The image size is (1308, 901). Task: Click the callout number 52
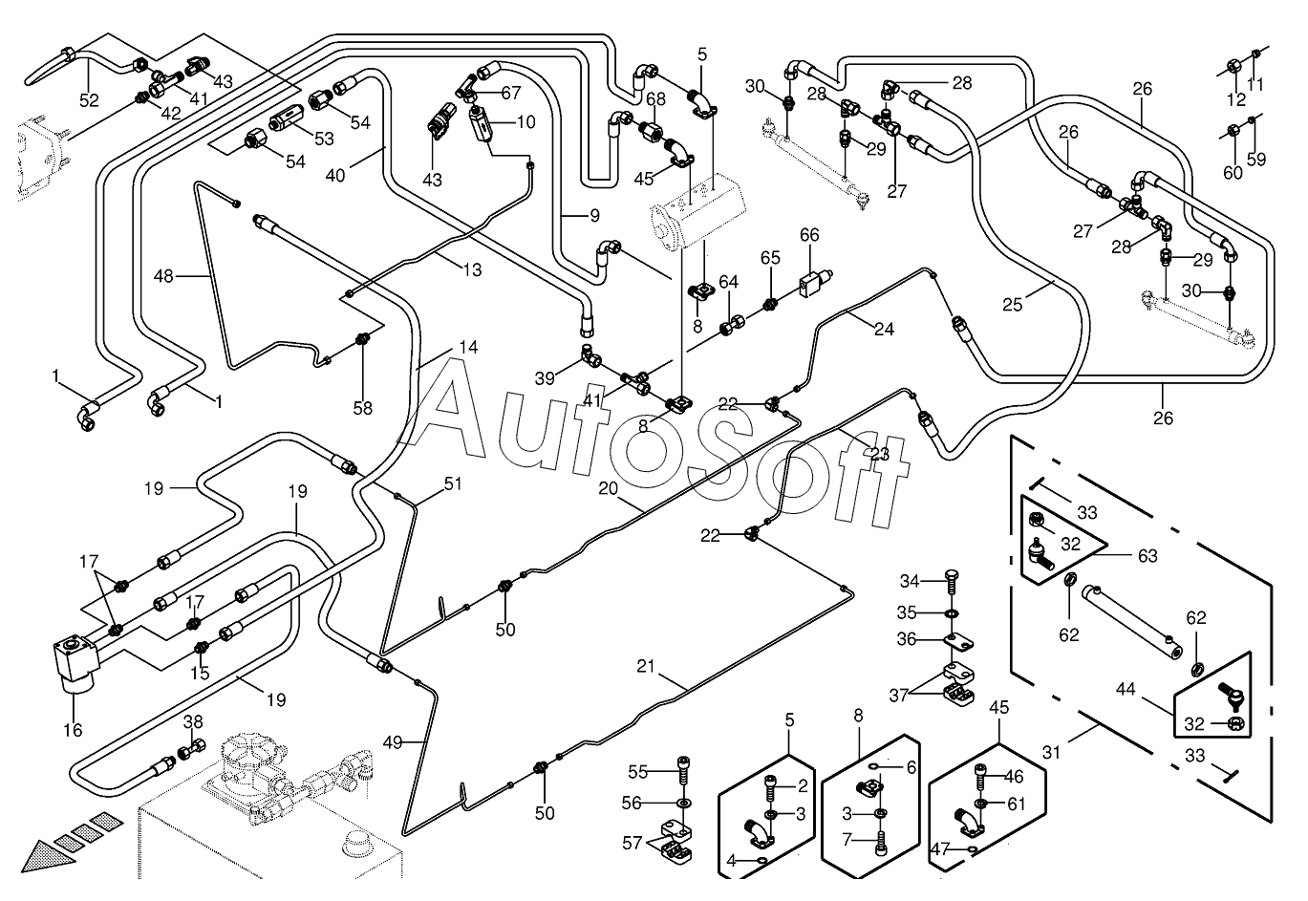pyautogui.click(x=89, y=100)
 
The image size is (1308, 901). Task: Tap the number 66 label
pyautogui.click(x=809, y=235)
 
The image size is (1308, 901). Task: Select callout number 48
pyautogui.click(x=163, y=275)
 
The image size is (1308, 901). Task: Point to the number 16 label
pyautogui.click(x=73, y=729)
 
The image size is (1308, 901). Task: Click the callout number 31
pyautogui.click(x=1051, y=753)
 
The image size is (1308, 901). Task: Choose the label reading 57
pyautogui.click(x=633, y=843)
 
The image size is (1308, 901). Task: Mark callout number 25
pyautogui.click(x=1013, y=304)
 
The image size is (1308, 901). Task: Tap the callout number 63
pyautogui.click(x=1147, y=555)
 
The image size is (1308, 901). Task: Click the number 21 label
pyautogui.click(x=646, y=666)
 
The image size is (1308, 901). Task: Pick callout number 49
pyautogui.click(x=393, y=742)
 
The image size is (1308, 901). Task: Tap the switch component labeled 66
pyautogui.click(x=816, y=283)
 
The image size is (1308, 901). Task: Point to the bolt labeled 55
pyautogui.click(x=683, y=771)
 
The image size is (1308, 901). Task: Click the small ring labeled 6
pyautogui.click(x=873, y=766)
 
